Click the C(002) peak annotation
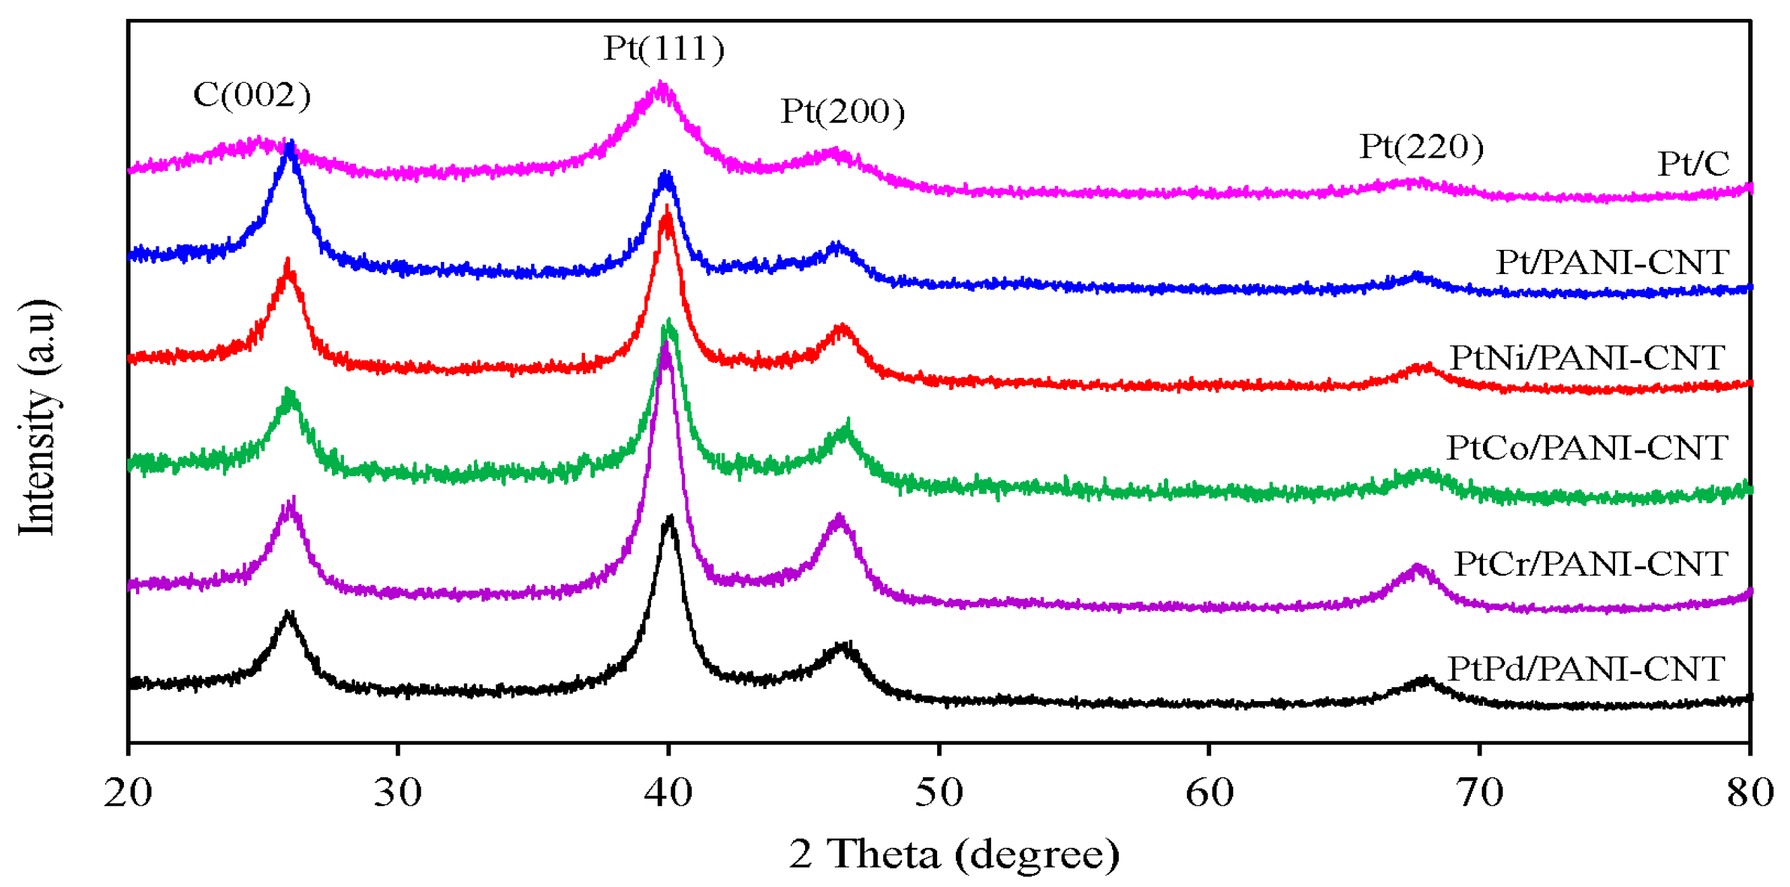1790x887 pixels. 252,94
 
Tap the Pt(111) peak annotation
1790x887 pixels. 664,48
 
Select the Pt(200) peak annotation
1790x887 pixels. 842,111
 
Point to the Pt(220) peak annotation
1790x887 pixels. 1421,147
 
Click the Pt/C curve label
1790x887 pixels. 1694,164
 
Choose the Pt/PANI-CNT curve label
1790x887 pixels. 1612,262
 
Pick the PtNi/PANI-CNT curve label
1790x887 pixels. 1587,358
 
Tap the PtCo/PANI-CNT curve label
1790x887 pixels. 1587,448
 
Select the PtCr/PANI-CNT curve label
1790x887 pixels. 1591,564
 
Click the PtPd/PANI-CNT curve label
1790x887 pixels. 1587,669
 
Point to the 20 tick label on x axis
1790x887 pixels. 128,793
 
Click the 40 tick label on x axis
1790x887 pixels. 668,793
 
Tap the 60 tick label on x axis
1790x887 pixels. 1209,793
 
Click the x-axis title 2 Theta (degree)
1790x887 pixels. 953,853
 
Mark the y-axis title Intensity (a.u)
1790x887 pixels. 36,417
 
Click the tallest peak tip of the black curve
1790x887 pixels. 670,518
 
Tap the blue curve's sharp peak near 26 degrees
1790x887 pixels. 290,143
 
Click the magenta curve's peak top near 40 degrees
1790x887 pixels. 661,85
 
